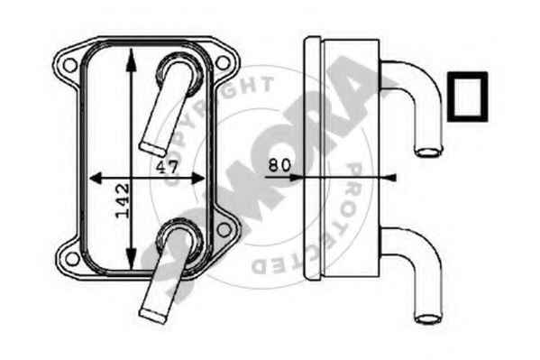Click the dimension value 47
click(168, 167)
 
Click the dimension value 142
click(123, 200)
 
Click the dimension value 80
click(279, 165)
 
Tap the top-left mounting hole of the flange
click(70, 65)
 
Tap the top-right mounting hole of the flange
click(223, 62)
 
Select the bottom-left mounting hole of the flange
click(72, 259)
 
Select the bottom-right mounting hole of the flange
click(224, 230)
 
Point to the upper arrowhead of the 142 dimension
click(131, 60)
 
